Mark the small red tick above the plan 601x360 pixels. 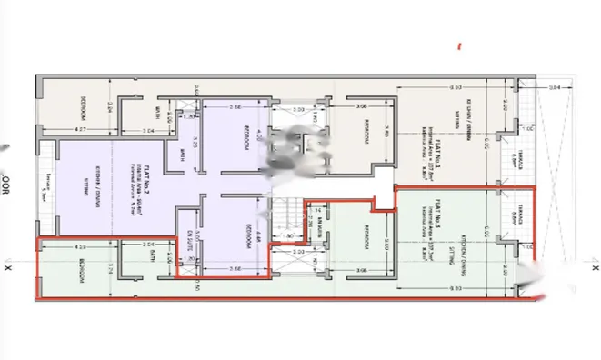coord(461,45)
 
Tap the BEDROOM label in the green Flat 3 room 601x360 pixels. coord(366,238)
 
